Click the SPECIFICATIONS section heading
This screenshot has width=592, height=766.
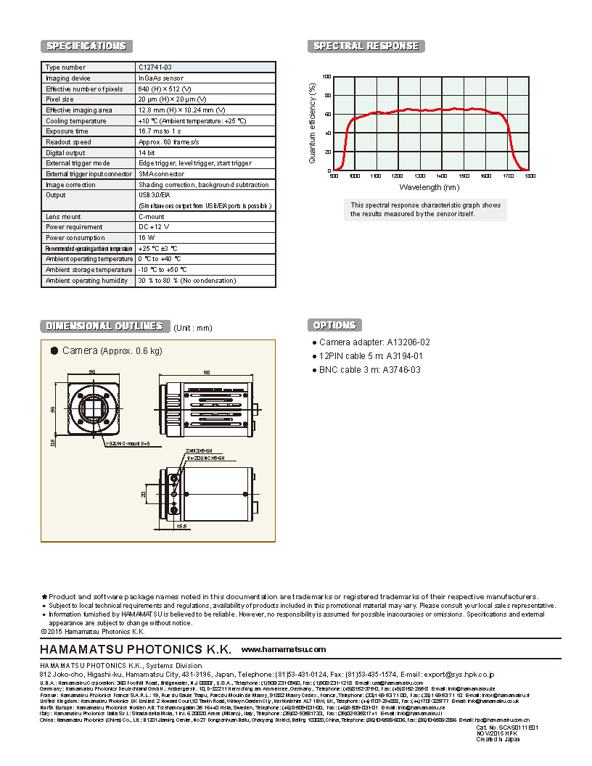[86, 46]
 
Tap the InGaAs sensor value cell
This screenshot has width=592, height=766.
[160, 78]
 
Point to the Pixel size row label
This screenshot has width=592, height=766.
[59, 99]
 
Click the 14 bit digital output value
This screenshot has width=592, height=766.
[147, 153]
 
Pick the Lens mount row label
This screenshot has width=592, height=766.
[63, 216]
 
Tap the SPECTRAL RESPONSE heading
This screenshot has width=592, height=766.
[366, 46]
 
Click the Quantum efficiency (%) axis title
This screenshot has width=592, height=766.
[313, 123]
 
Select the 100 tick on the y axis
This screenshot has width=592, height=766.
[326, 77]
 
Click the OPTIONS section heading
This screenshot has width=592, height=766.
[334, 325]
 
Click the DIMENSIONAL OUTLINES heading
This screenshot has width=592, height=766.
[104, 326]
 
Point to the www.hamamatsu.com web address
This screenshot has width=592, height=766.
[284, 649]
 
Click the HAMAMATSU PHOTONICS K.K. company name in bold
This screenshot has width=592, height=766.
[135, 648]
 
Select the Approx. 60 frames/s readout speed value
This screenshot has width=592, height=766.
[168, 142]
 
